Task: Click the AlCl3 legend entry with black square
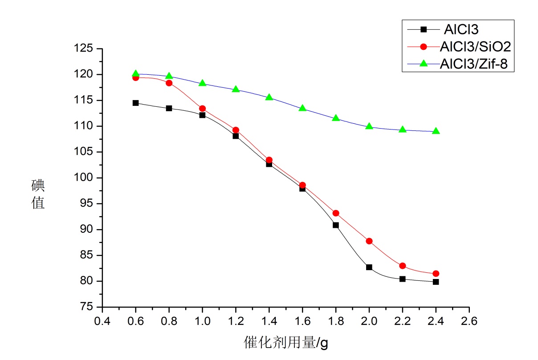pyautogui.click(x=454, y=30)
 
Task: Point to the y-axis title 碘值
pyautogui.click(x=38, y=194)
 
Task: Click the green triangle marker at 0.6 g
pyautogui.click(x=136, y=73)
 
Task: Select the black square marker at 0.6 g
pyautogui.click(x=136, y=103)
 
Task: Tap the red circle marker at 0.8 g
pyautogui.click(x=169, y=83)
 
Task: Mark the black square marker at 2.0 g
pyautogui.click(x=369, y=267)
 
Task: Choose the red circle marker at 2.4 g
pyautogui.click(x=436, y=274)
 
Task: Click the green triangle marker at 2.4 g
pyautogui.click(x=436, y=131)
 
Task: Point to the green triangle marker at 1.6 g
pyautogui.click(x=302, y=108)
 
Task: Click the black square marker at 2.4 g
pyautogui.click(x=436, y=282)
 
